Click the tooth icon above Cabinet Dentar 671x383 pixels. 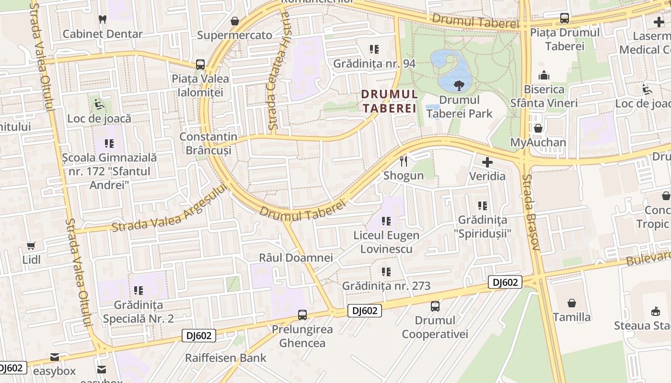[x=102, y=20]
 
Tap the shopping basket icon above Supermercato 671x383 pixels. [x=235, y=21]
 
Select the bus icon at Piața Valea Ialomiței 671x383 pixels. [x=200, y=65]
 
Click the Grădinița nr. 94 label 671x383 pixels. [x=374, y=64]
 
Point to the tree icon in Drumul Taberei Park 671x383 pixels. [x=459, y=86]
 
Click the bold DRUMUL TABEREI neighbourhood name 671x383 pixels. [x=389, y=101]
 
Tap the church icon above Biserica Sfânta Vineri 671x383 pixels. [x=544, y=75]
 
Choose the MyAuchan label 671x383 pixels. [x=538, y=142]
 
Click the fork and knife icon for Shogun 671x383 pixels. [x=404, y=161]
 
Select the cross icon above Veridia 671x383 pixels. [x=487, y=162]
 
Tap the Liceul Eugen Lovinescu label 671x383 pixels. [x=386, y=242]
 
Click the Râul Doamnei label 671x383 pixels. [x=296, y=258]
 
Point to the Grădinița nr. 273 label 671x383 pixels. [x=386, y=286]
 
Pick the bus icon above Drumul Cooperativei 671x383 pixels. [x=435, y=306]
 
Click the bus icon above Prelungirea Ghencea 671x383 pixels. [x=302, y=315]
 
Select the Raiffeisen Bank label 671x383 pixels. [x=226, y=358]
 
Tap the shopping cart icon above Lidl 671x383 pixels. [x=32, y=246]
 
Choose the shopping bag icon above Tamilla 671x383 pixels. [x=572, y=303]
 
